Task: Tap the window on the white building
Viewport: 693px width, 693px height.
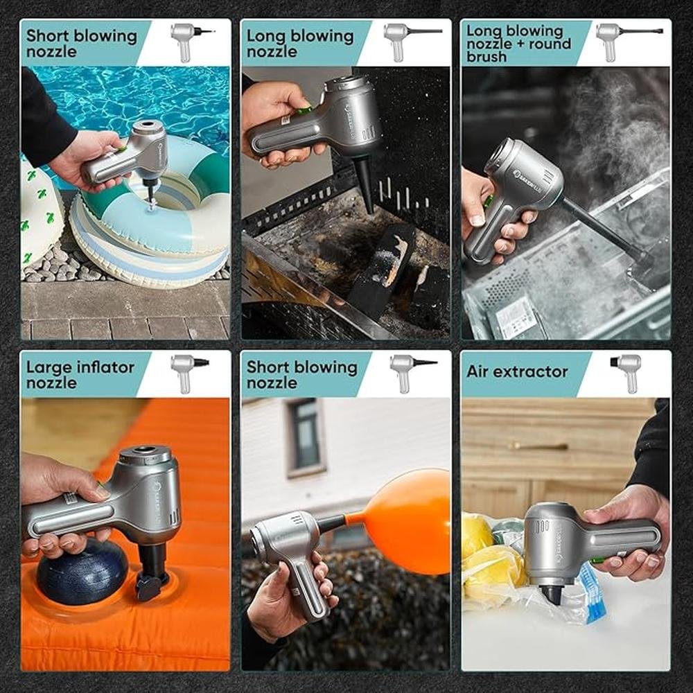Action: [306, 437]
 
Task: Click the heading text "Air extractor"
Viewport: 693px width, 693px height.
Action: [517, 371]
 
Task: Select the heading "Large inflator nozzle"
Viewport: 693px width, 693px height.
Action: [80, 374]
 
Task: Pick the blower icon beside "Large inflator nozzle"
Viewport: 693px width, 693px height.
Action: [189, 373]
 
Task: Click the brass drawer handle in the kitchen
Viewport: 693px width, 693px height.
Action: [538, 446]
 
